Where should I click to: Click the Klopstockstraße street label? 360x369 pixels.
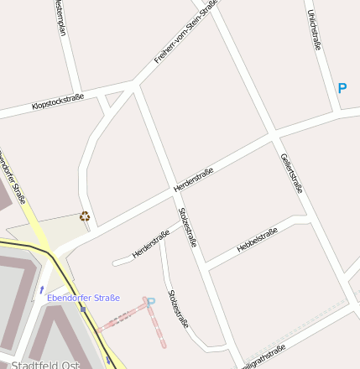57,102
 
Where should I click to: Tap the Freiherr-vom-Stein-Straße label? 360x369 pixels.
186,34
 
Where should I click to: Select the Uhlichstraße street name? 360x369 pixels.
316,29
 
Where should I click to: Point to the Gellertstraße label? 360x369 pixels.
291,174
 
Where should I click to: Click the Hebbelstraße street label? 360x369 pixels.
257,240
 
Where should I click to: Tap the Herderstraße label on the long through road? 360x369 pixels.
193,179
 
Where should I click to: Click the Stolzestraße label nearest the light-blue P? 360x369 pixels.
178,309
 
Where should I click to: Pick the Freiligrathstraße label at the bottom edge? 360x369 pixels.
262,356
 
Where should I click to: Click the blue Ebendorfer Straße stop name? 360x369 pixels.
83,298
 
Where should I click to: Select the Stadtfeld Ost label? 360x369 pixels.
47,364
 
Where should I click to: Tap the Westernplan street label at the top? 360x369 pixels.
59,17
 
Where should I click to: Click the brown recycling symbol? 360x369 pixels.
84,216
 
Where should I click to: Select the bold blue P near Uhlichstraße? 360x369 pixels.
342,87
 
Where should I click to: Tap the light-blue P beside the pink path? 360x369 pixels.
151,302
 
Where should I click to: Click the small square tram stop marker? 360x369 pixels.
82,309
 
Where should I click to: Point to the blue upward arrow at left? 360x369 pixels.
42,290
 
